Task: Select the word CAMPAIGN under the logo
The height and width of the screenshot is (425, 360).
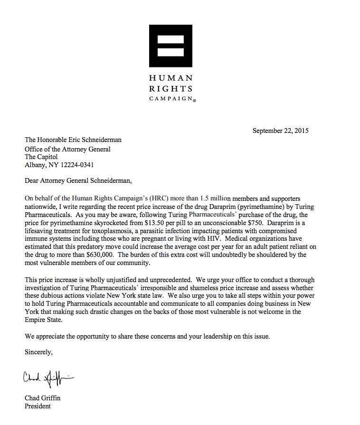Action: (170, 99)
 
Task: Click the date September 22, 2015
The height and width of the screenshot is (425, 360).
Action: (281, 131)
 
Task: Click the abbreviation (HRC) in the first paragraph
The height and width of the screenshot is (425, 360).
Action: (144, 197)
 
